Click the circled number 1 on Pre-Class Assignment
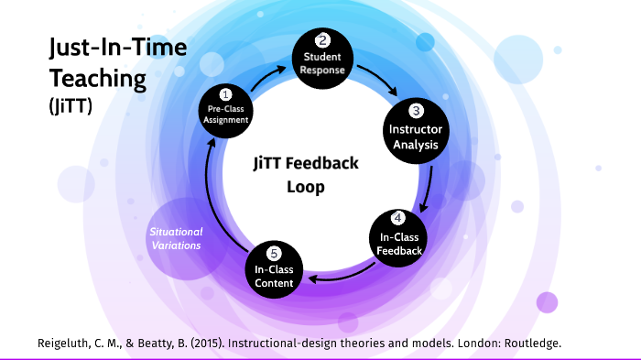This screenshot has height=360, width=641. tap(225, 93)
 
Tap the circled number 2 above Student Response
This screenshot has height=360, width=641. tap(322, 40)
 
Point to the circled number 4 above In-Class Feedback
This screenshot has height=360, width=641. tap(397, 218)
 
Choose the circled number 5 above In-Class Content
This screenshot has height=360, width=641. tap(273, 252)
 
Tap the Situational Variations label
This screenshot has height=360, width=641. tap(177, 239)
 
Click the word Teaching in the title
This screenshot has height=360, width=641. tap(98, 78)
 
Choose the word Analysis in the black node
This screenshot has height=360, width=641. tap(415, 145)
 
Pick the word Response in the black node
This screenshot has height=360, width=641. tap(322, 71)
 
